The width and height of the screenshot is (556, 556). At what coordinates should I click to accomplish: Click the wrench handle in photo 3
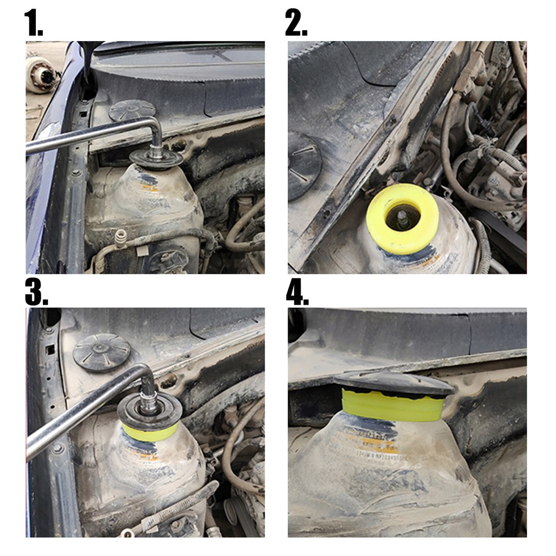(x=75, y=414)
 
